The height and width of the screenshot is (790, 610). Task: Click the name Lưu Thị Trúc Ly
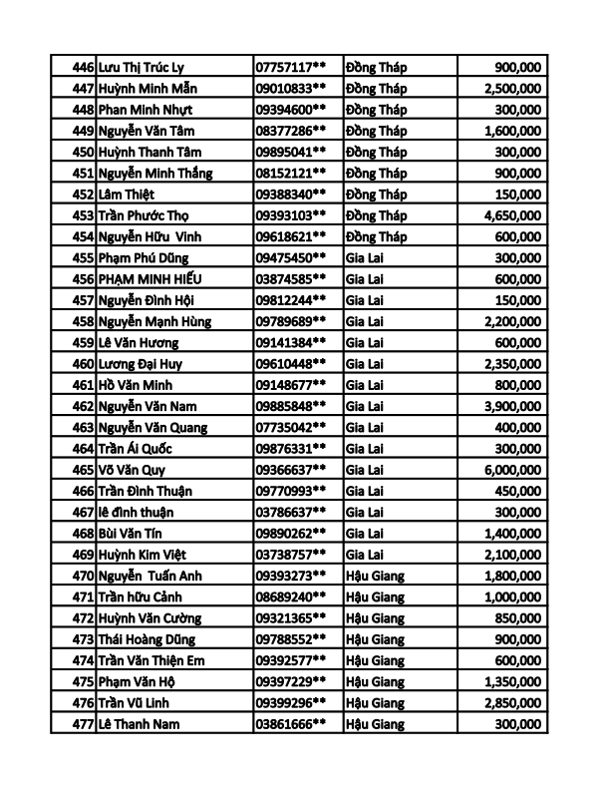click(x=142, y=67)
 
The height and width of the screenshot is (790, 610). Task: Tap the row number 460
click(x=83, y=364)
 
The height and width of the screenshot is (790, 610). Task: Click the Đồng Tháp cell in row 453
click(x=377, y=215)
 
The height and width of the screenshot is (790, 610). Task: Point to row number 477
click(x=83, y=724)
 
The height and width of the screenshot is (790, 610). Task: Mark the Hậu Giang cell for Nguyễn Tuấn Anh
click(x=381, y=576)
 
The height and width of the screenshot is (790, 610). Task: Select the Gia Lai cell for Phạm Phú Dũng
click(x=366, y=257)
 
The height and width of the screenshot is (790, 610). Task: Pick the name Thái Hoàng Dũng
click(x=148, y=639)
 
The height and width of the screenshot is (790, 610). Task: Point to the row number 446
click(x=83, y=67)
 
